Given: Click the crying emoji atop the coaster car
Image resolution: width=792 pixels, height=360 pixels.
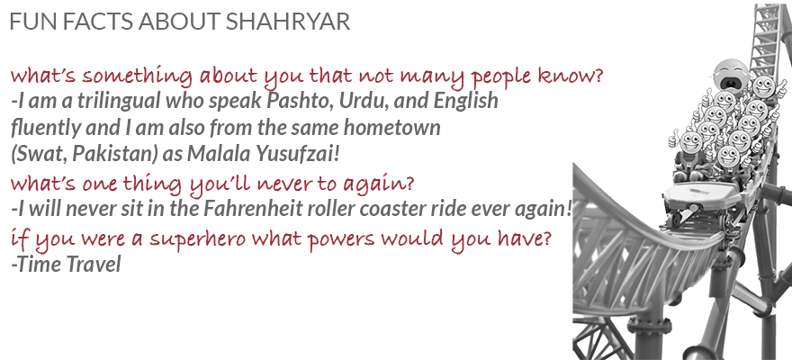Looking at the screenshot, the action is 731,72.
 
